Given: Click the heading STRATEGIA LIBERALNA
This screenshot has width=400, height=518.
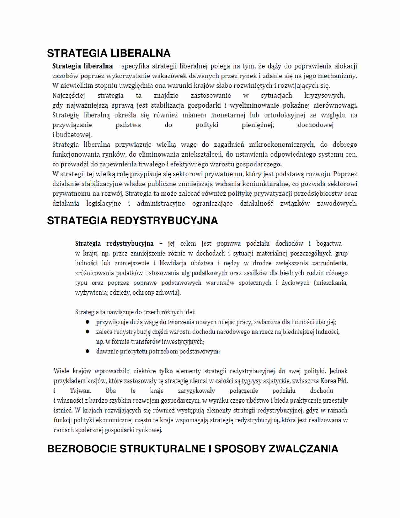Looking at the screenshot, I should click(x=109, y=53).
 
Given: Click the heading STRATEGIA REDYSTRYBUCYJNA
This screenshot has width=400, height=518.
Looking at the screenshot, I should click(x=132, y=221).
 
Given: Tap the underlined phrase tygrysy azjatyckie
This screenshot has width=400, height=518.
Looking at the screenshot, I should click(x=265, y=381).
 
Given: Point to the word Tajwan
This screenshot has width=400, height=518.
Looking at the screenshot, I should click(x=80, y=391).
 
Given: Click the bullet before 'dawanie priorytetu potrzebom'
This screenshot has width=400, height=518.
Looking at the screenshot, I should click(x=88, y=351).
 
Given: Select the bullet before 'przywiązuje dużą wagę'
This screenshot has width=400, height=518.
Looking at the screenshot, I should click(x=88, y=322).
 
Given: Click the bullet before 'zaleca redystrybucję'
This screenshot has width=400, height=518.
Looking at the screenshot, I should click(x=88, y=332).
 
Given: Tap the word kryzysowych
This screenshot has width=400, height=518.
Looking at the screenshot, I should click(x=324, y=95).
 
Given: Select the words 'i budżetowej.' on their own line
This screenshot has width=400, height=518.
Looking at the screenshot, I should click(x=72, y=135).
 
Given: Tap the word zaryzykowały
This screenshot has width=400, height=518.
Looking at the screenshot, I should click(x=196, y=391).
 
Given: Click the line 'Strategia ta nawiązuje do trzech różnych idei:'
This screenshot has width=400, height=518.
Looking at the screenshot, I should click(x=135, y=312).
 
